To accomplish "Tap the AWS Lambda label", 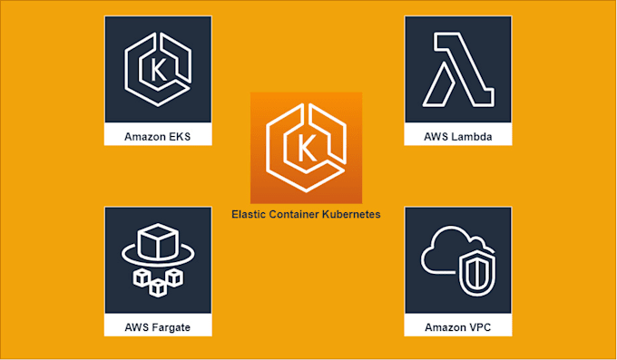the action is (457, 137).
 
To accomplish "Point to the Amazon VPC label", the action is (457, 326).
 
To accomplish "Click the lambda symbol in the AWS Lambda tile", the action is (456, 70).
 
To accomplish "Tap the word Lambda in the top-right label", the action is (469, 137).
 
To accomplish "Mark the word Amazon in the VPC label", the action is (445, 326).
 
